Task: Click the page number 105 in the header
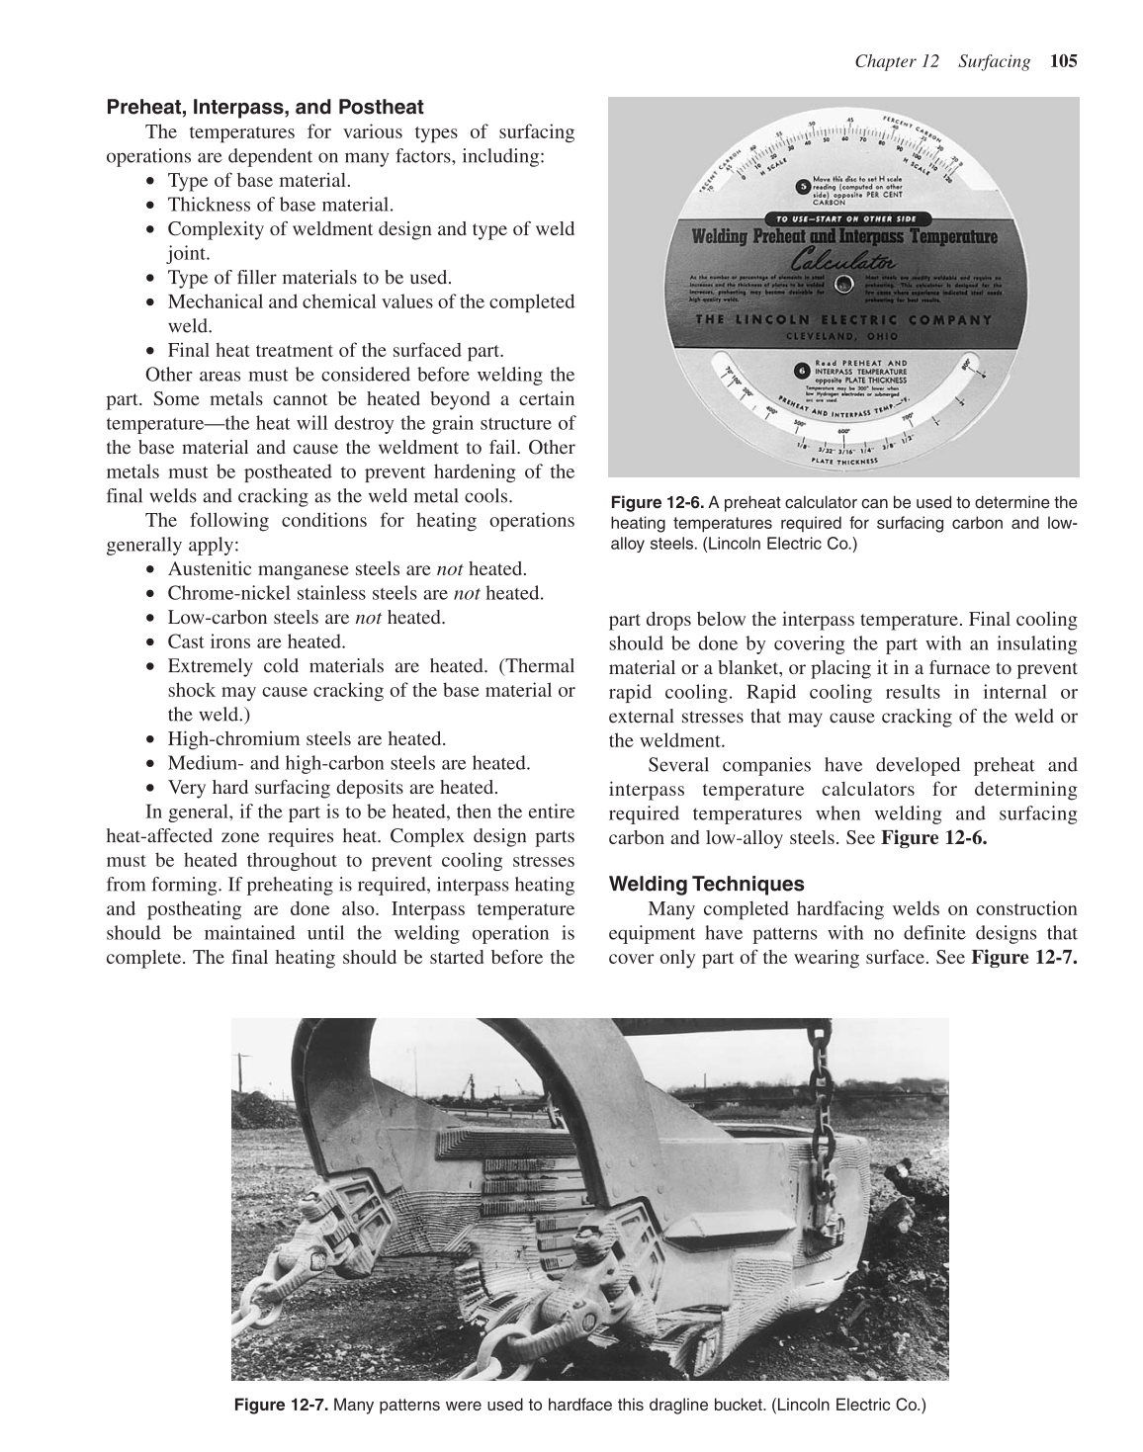1063,61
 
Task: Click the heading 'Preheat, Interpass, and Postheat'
265,107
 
